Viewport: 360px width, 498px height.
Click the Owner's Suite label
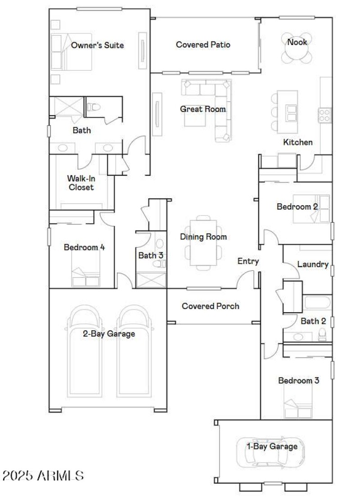pyautogui.click(x=97, y=45)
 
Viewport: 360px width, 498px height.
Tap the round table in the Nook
pyautogui.click(x=297, y=54)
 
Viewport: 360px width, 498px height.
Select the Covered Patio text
pyautogui.click(x=203, y=45)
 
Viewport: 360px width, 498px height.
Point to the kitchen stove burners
pyautogui.click(x=325, y=115)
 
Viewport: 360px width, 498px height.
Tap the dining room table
pyautogui.click(x=203, y=243)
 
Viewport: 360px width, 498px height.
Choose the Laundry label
pyautogui.click(x=313, y=265)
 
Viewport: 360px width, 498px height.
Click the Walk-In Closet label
pyautogui.click(x=81, y=182)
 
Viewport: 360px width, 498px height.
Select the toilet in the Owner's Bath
pyautogui.click(x=94, y=107)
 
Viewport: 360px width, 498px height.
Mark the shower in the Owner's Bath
pyautogui.click(x=66, y=107)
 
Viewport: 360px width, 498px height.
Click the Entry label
pyautogui.click(x=248, y=261)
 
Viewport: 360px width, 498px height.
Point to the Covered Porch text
pyautogui.click(x=210, y=306)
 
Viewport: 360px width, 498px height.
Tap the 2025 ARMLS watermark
pyautogui.click(x=43, y=475)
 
